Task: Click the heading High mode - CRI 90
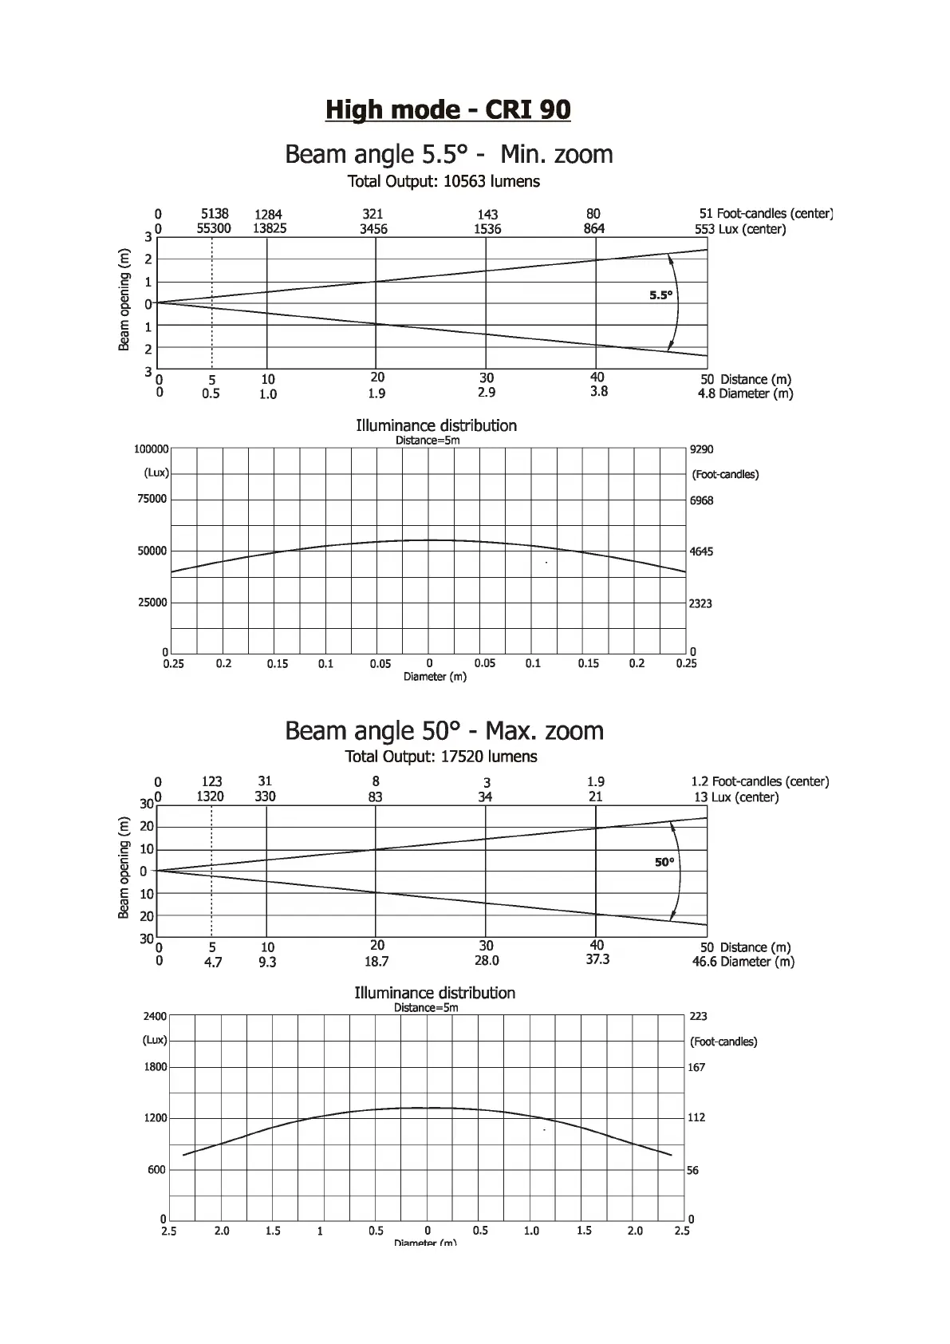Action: (x=447, y=109)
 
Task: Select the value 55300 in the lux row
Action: (x=214, y=228)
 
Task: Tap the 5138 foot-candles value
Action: (x=215, y=213)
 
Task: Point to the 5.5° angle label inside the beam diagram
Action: (x=660, y=295)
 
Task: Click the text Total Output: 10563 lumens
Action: (x=443, y=181)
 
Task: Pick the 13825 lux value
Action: (x=270, y=228)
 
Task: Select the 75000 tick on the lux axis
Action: (x=152, y=500)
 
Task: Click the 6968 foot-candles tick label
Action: (x=701, y=500)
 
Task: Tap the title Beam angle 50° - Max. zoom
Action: (x=444, y=730)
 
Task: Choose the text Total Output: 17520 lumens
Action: (x=441, y=757)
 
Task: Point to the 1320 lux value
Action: (x=211, y=797)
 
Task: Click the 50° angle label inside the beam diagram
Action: (x=664, y=862)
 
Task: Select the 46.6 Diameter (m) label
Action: (x=743, y=962)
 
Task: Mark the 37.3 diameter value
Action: (x=597, y=959)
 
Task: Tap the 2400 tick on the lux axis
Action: (x=155, y=1016)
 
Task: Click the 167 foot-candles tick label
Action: (x=696, y=1067)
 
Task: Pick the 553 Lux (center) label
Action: (x=740, y=229)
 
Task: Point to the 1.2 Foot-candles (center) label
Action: (x=759, y=781)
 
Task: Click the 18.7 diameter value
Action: (x=376, y=962)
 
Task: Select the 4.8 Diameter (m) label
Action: (x=745, y=393)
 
